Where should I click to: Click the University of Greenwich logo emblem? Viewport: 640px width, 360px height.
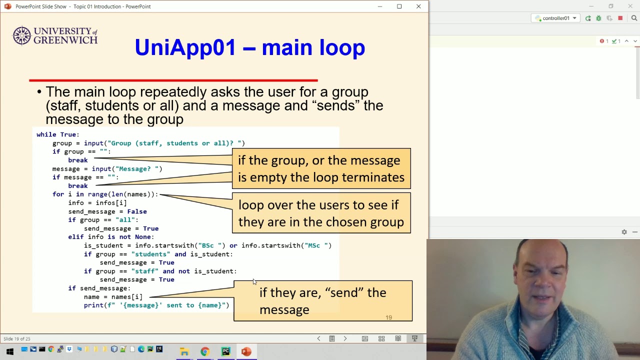pos(22,35)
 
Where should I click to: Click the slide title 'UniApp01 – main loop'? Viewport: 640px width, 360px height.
pos(249,47)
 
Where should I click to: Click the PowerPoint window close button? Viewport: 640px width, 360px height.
pos(418,6)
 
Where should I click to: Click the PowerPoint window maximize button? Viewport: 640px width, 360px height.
pos(399,6)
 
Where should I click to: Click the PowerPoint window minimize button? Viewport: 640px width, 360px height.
pos(380,6)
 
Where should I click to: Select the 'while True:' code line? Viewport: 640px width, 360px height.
pos(58,134)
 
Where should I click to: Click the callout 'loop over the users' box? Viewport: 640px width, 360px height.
pos(321,213)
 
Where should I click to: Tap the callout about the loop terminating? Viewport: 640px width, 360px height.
pos(321,169)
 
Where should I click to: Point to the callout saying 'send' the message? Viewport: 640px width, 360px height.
pos(322,301)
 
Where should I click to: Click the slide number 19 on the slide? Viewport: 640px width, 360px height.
pos(388,317)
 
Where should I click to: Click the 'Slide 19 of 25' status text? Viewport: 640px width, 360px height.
pos(17,339)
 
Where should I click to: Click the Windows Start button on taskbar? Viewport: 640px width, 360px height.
pos(9,351)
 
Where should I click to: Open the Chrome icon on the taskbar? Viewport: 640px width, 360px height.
pos(205,352)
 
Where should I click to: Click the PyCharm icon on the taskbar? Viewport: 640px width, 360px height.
pos(225,352)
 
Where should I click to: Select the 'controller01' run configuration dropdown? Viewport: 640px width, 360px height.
pos(556,18)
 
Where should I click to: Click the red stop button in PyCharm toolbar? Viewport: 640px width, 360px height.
pos(620,18)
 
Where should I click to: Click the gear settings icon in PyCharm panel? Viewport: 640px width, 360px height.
pos(624,232)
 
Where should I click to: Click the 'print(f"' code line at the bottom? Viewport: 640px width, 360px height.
pos(156,305)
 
